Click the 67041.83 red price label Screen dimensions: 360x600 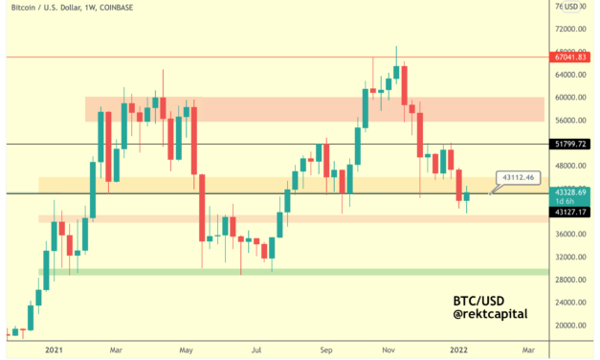(575, 57)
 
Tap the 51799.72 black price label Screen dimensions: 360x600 (575, 144)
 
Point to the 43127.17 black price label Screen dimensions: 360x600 (575, 212)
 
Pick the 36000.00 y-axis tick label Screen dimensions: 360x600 (574, 235)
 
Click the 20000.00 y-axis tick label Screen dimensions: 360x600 (574, 326)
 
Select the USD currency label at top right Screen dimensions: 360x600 (574, 7)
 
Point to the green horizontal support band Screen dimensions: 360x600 (287, 273)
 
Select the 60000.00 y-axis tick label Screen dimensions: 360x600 (574, 98)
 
